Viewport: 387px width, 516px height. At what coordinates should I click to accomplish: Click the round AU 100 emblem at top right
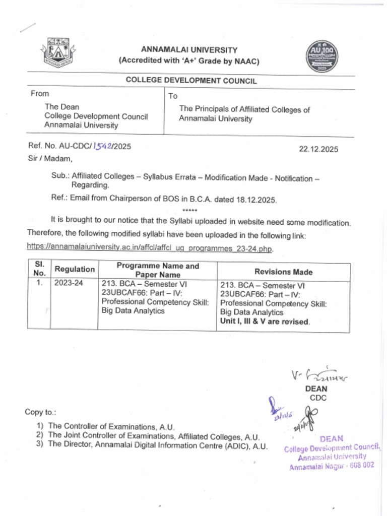pos(322,56)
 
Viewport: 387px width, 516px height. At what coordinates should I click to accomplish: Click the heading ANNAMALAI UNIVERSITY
pos(189,50)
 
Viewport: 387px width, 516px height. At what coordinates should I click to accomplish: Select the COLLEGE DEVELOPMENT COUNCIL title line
pos(191,81)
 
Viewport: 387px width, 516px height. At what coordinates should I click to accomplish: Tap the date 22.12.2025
pos(318,149)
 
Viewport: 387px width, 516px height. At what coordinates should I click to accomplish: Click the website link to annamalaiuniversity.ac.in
pos(150,247)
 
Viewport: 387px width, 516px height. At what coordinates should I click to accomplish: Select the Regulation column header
pos(74,269)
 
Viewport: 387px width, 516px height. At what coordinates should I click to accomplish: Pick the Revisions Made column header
pos(283,272)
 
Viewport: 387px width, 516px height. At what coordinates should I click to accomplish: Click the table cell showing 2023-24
pos(69,283)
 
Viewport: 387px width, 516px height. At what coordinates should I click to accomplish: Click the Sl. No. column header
pos(39,269)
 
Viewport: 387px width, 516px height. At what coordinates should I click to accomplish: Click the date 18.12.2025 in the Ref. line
pos(257,199)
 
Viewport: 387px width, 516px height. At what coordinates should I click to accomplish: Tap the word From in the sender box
pos(40,94)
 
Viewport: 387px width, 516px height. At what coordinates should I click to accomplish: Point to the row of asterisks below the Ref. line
pos(189,210)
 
